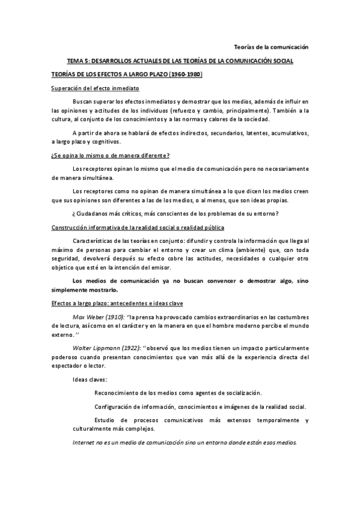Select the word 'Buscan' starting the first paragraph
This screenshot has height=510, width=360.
click(82, 101)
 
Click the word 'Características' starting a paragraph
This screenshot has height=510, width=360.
click(93, 241)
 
